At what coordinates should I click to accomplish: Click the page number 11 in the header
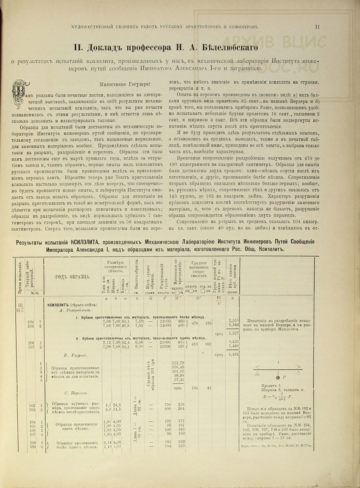(x=317, y=26)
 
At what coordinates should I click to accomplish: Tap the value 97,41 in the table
(x=178, y=380)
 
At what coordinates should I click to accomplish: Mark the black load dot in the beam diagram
(x=278, y=377)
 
